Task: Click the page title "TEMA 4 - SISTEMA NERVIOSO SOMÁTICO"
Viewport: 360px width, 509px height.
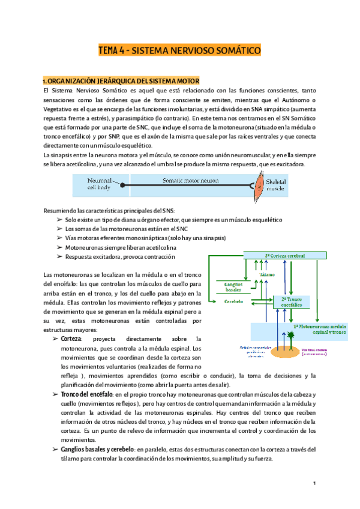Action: pos(180,51)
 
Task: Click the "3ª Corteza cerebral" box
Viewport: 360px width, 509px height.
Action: pos(284,256)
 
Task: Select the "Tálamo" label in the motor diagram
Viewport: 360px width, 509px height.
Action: pos(267,274)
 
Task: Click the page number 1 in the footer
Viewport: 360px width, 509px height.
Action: pos(313,483)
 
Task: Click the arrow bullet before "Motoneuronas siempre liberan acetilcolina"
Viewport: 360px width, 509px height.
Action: pos(59,247)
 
